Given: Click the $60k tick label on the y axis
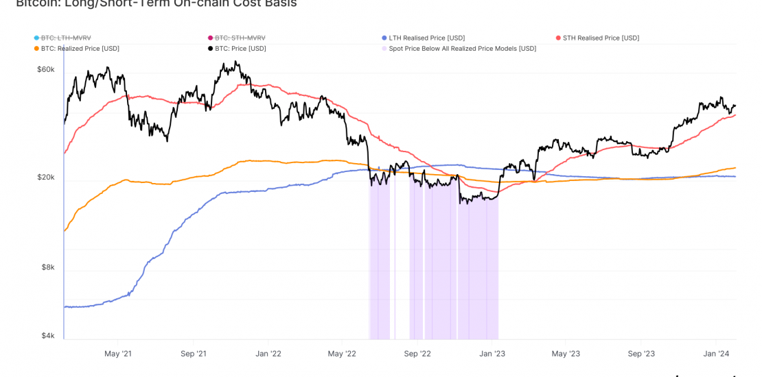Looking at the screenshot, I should (x=45, y=69).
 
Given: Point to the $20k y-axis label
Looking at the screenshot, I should (x=45, y=177).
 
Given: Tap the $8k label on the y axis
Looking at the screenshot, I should (x=47, y=267).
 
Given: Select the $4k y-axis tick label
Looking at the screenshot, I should (x=47, y=335).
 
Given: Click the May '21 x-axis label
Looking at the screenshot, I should (x=117, y=354).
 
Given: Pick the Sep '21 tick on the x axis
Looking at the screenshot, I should (x=193, y=354).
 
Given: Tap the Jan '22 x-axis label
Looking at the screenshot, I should (x=268, y=354).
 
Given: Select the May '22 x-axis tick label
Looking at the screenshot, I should (x=342, y=354).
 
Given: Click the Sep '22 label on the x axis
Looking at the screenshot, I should (x=417, y=354).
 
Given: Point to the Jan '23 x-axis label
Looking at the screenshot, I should (x=492, y=354).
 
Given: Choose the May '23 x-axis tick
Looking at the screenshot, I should (x=566, y=354).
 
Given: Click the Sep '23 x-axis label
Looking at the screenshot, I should (x=640, y=354).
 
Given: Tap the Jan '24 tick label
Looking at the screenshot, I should (x=715, y=354).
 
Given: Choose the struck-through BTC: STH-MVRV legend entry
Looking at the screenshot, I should (x=240, y=38).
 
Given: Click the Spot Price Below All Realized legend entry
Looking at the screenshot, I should (x=462, y=49).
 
